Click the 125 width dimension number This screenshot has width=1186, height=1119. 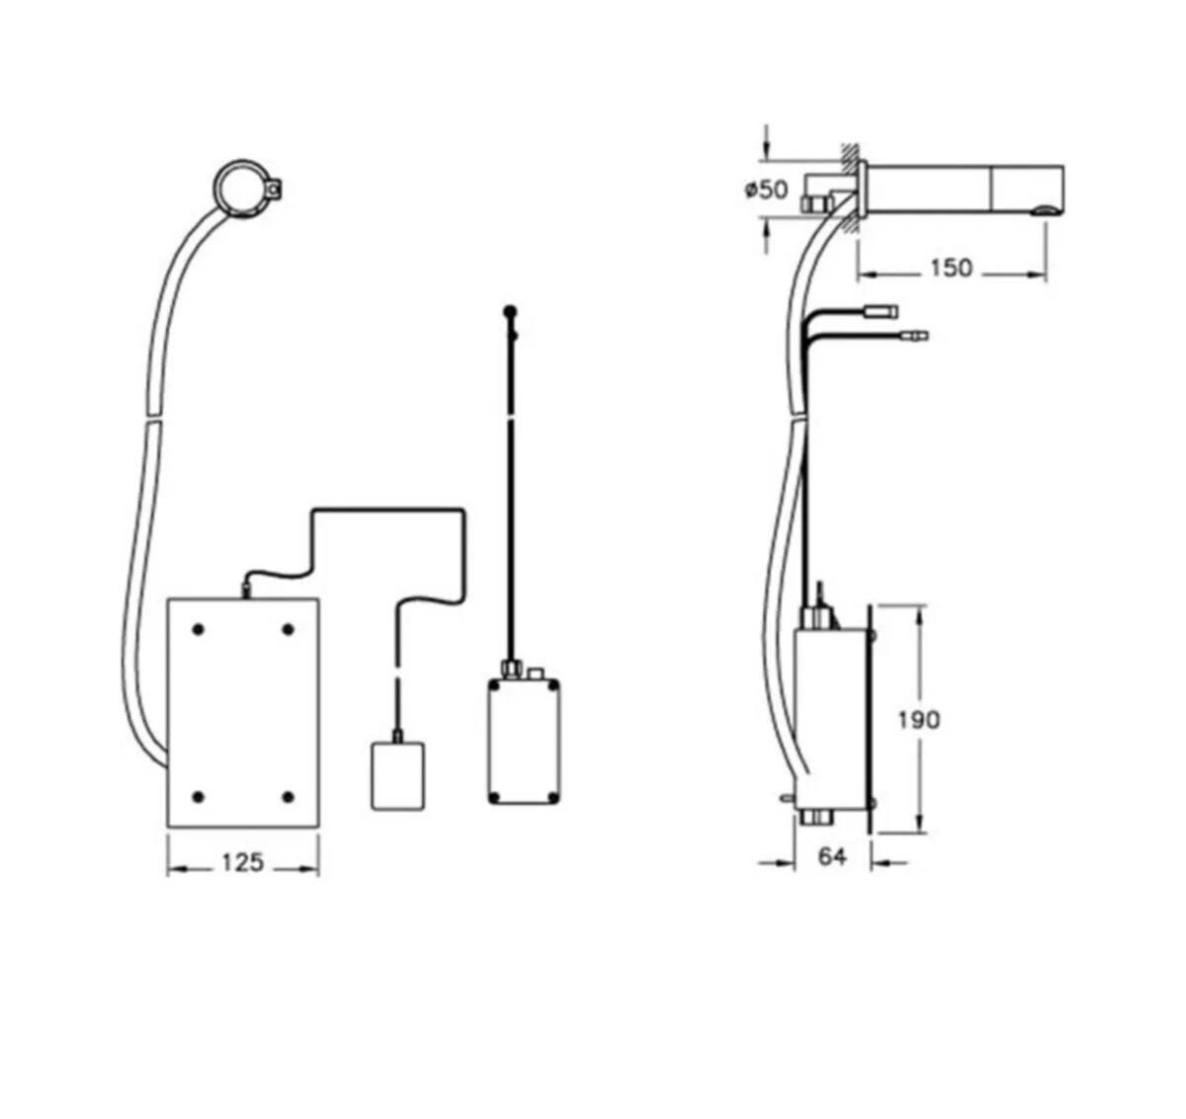[x=242, y=862]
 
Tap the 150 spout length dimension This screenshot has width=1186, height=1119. [x=951, y=268]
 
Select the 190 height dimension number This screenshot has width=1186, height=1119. [x=919, y=720]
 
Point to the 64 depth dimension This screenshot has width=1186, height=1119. [x=832, y=856]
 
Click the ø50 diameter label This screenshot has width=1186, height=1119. [x=767, y=190]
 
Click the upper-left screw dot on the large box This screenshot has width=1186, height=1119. [x=199, y=630]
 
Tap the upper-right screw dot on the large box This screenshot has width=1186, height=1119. [x=288, y=630]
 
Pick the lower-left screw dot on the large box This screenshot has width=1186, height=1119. [x=199, y=797]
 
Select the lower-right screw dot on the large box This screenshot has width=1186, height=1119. [x=288, y=797]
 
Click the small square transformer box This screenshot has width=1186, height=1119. [x=397, y=776]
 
